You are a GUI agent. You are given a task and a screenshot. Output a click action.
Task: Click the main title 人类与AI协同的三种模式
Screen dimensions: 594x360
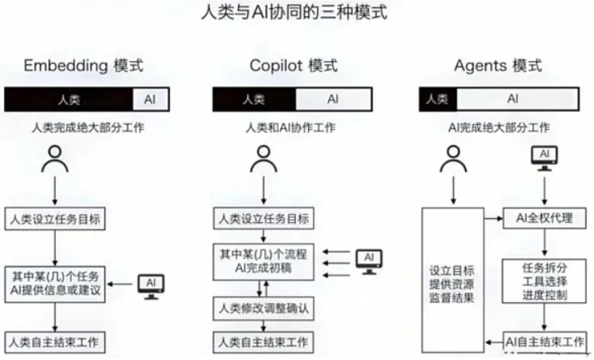click(294, 11)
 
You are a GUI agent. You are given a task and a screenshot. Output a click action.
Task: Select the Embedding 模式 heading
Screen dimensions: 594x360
click(83, 66)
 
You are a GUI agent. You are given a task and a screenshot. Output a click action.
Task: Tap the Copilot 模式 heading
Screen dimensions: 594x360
click(293, 66)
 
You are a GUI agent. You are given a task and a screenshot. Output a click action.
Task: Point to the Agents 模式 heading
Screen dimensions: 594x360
click(498, 66)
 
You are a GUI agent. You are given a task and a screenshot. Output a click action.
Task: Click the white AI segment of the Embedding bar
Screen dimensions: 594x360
click(151, 99)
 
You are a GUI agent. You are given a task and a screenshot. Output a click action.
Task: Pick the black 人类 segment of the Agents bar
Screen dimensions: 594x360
click(438, 99)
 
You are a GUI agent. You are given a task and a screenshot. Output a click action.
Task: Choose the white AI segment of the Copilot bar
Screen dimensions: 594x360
click(333, 99)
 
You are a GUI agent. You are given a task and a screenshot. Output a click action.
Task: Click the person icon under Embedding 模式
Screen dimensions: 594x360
click(55, 159)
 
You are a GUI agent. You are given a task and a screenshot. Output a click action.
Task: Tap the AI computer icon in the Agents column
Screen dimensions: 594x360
click(545, 158)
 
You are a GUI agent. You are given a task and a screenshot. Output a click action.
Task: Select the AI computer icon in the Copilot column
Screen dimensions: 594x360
click(369, 261)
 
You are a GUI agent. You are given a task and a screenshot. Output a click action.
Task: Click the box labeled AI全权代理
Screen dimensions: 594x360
click(545, 218)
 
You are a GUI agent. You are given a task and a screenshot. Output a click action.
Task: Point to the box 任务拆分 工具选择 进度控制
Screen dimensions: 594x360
click(545, 281)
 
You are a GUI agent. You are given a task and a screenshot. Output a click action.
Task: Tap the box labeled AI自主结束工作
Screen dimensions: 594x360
click(545, 342)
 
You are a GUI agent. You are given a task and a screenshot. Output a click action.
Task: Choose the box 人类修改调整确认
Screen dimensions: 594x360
click(263, 308)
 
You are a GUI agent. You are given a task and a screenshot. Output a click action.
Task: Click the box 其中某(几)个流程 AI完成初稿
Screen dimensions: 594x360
click(263, 261)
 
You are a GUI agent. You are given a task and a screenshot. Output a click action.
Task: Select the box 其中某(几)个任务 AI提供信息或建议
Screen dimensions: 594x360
click(55, 285)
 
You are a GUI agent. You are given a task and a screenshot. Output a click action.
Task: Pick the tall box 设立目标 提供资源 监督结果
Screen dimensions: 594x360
click(453, 280)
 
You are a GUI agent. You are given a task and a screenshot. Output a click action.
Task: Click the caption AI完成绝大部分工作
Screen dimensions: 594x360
click(499, 128)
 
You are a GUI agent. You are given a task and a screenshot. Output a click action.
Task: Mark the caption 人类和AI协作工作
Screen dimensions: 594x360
click(291, 128)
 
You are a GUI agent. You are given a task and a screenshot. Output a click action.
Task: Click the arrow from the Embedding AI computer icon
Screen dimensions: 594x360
click(122, 284)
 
